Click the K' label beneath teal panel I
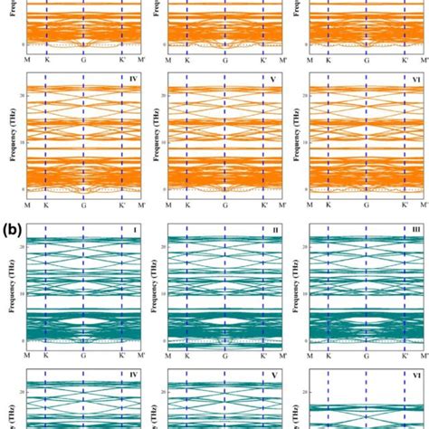point(122,357)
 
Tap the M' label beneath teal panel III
point(423,357)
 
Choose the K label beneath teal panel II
point(187,357)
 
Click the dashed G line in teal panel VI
point(366,398)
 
